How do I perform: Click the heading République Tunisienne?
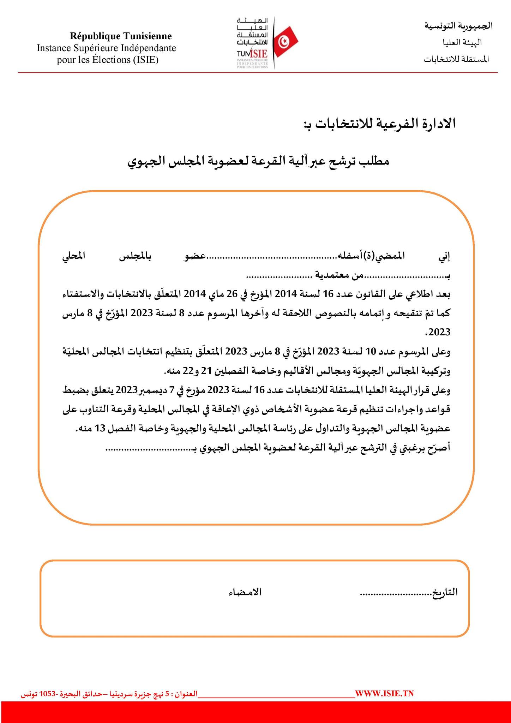tap(121, 36)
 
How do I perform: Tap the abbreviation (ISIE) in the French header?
tap(146, 60)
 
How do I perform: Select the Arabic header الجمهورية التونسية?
tap(458, 26)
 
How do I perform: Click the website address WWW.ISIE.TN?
tap(384, 693)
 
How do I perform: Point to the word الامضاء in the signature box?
tap(245, 592)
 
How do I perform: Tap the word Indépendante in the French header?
tap(149, 48)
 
